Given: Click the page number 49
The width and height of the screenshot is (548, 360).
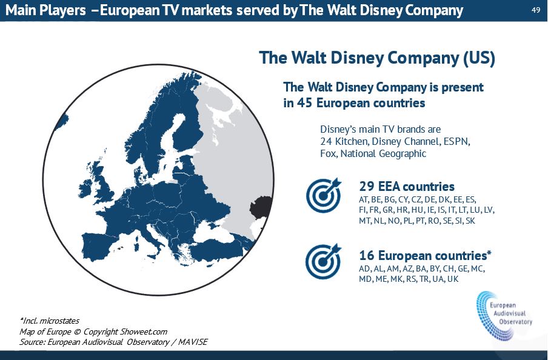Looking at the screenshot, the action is tap(536, 10).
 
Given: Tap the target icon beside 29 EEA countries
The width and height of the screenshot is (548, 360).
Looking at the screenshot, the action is tap(324, 196).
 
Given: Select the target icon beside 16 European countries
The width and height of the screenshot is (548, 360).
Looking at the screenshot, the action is tap(323, 261).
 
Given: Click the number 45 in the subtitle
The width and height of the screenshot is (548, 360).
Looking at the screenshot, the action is tap(304, 103).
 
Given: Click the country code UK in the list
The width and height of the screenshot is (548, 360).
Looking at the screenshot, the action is tap(453, 279).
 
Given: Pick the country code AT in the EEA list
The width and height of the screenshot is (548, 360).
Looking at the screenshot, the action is tap(364, 199).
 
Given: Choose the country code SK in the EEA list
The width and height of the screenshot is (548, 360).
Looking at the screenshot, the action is tap(470, 221).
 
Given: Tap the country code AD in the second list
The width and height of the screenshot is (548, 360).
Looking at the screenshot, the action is tap(364, 268).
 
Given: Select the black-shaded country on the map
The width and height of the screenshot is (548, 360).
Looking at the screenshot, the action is tap(261, 207).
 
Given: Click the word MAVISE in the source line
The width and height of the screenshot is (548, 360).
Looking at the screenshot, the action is tap(193, 342).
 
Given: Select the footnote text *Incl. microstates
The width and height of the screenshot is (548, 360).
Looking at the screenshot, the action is tap(50, 321).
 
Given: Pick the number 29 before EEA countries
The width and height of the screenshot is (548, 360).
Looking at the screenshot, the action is tap(367, 186).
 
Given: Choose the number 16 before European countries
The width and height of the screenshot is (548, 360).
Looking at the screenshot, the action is tap(367, 255).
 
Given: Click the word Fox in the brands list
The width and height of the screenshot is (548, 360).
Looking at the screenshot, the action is tap(328, 154).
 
